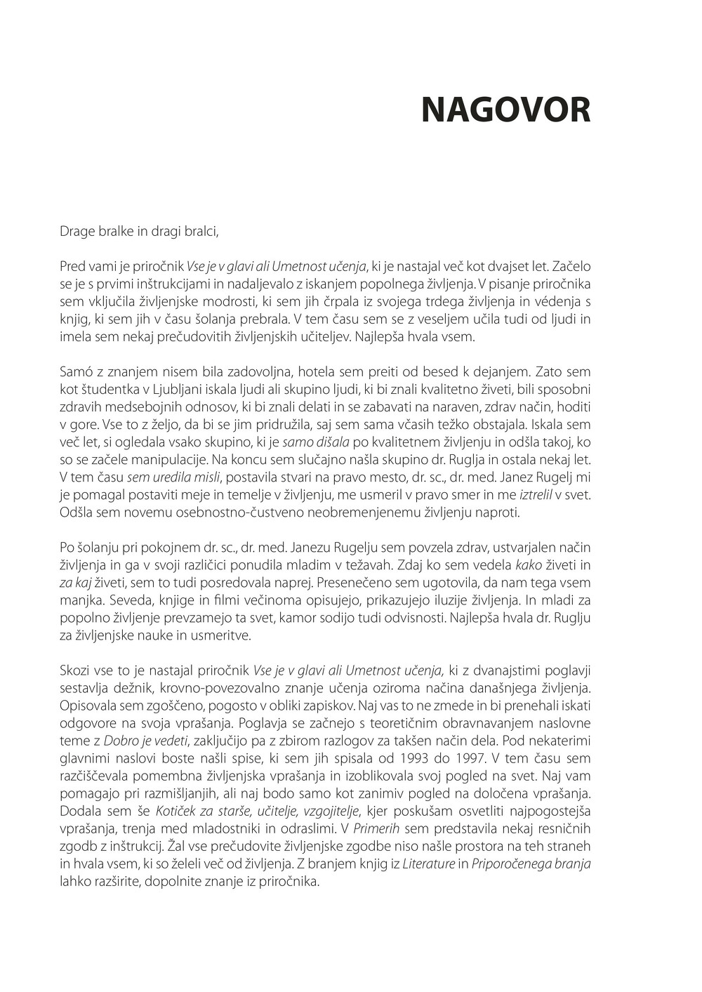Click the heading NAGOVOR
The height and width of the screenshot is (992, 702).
pos(505,110)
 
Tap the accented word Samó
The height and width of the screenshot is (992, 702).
pos(77,371)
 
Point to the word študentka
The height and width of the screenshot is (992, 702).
pos(109,389)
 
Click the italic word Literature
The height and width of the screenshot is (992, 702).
pos(428,864)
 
